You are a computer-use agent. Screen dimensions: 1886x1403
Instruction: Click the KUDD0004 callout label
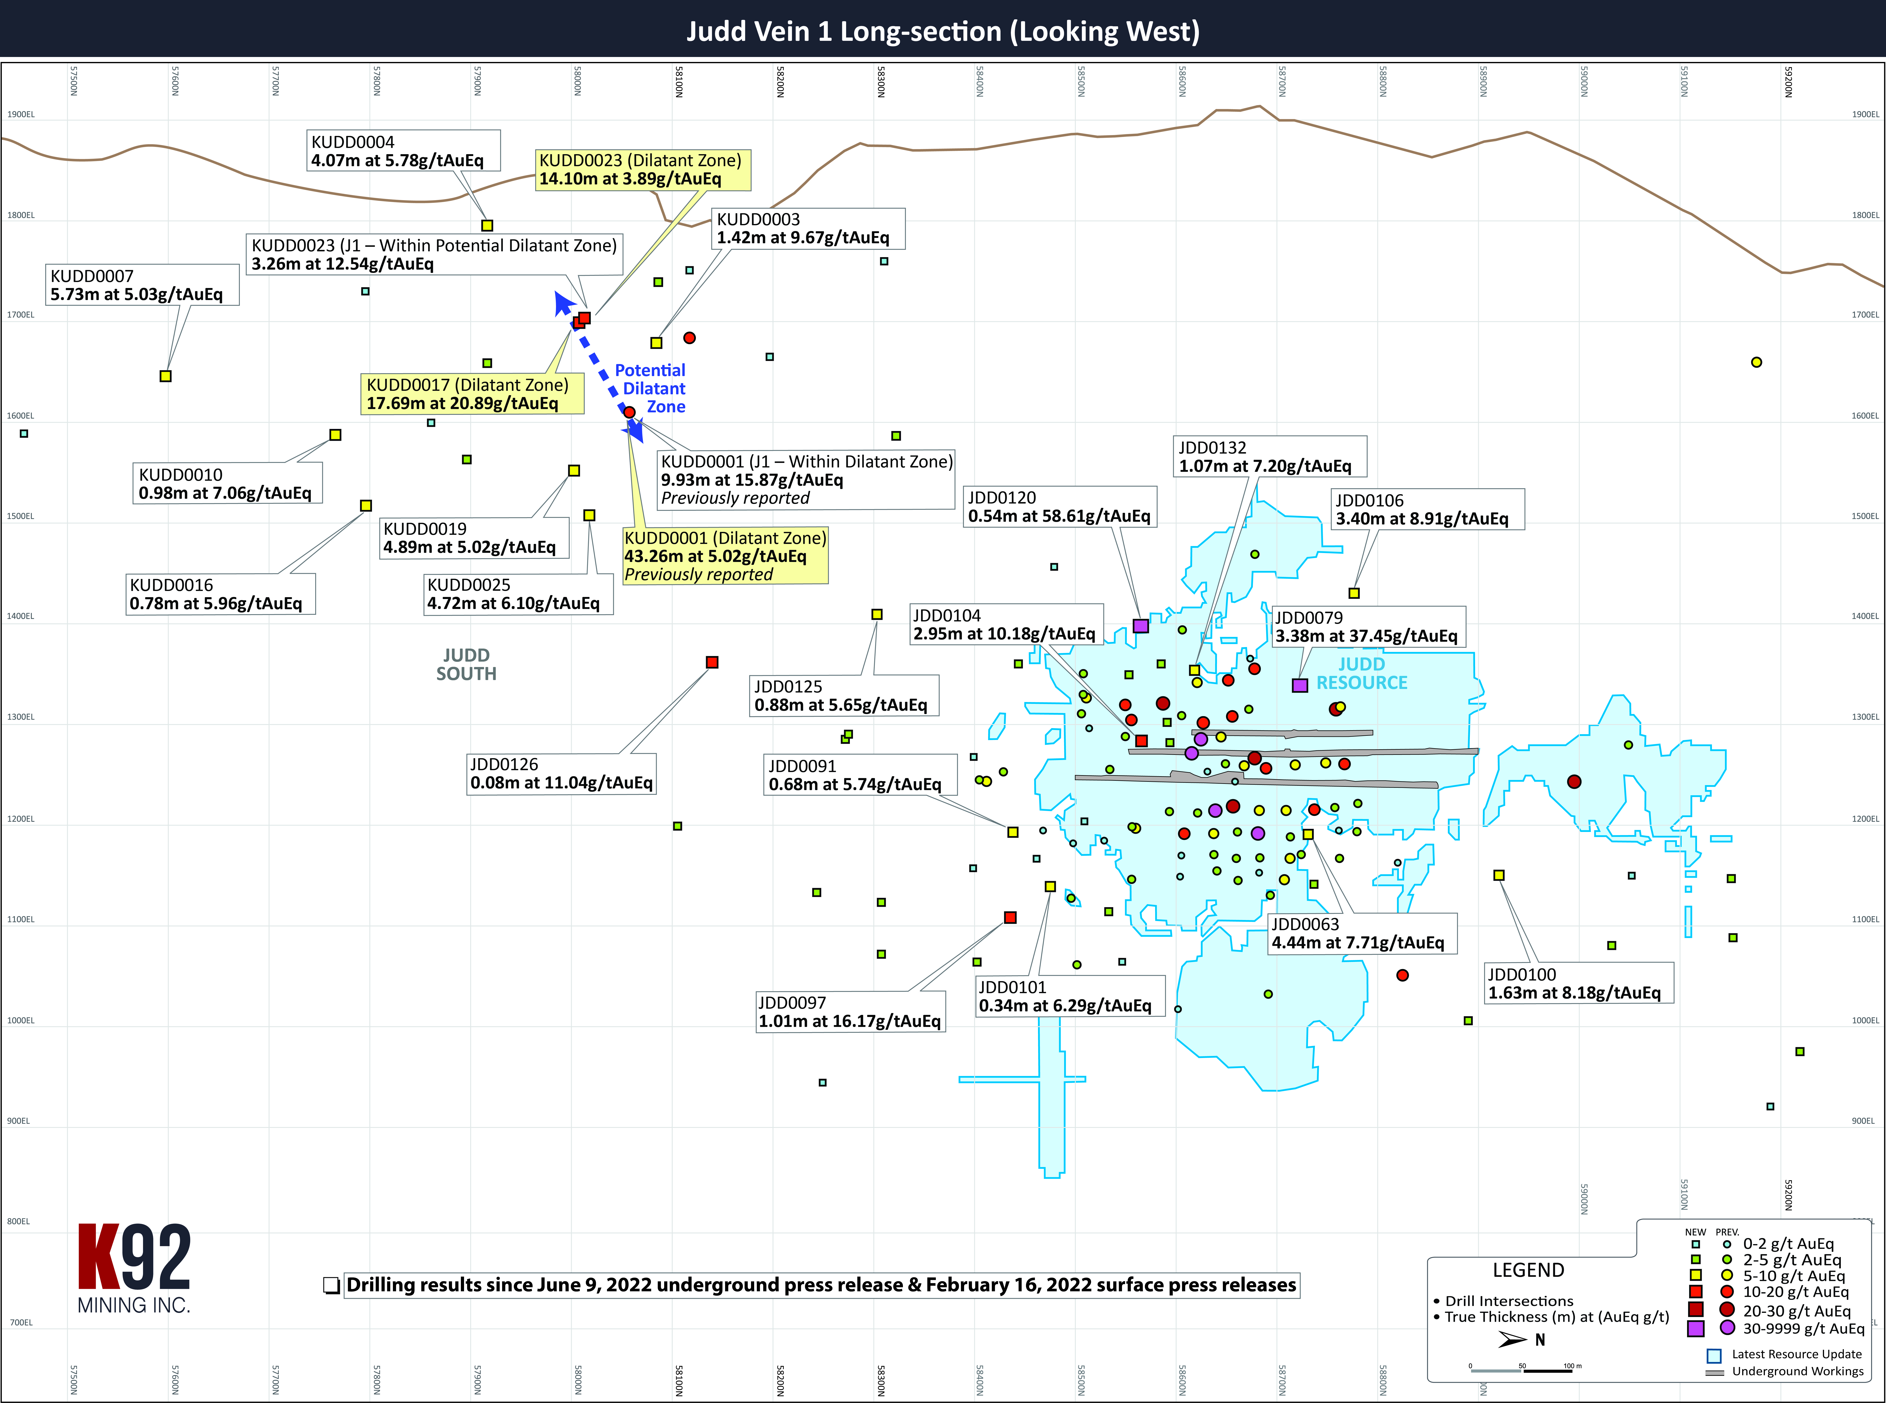point(403,151)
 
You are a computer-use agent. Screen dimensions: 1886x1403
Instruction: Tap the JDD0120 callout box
point(1060,507)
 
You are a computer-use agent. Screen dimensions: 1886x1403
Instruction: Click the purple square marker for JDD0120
point(1140,626)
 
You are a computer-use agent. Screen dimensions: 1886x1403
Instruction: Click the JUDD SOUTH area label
point(466,664)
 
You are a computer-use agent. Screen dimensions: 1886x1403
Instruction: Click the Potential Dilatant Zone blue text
point(650,388)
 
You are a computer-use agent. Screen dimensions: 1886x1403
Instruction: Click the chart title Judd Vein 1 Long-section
point(942,31)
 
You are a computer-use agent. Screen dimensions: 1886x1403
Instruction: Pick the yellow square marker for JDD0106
point(1354,593)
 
